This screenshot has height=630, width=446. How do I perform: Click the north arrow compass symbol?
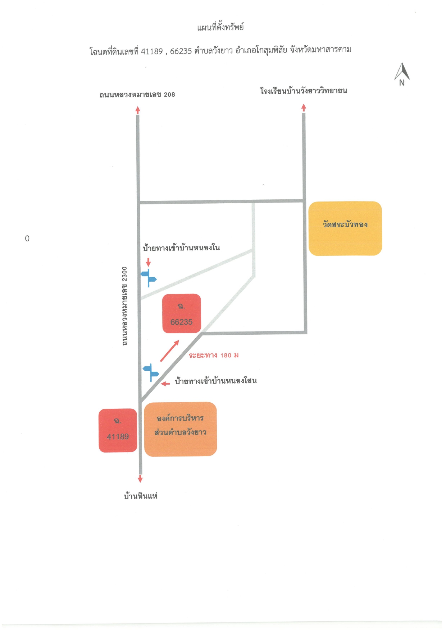pos(402,74)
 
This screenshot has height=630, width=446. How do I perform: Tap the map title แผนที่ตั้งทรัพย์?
pos(220,27)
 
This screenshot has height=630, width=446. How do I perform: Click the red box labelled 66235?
pos(182,314)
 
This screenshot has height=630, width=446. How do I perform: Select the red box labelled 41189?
pos(118,430)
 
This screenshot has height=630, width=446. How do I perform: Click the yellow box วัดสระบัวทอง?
pos(345,228)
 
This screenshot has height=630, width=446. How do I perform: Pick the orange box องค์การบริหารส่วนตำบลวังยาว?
pos(181,429)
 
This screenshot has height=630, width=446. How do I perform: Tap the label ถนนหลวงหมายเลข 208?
pos(137,95)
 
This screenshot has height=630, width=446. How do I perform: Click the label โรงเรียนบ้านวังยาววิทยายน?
pos(304,91)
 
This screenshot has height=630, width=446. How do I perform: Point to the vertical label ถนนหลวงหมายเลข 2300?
pos(124,306)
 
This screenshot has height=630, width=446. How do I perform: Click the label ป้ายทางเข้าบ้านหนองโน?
pos(181,247)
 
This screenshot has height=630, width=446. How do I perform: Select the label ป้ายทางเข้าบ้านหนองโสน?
pos(216,381)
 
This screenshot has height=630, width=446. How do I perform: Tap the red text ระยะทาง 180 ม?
pos(214,355)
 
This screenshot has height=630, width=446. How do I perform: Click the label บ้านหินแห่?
pos(141,496)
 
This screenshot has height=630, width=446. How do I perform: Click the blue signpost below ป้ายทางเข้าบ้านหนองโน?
pos(149,278)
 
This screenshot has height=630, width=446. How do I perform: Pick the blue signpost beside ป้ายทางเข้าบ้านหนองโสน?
pos(151,372)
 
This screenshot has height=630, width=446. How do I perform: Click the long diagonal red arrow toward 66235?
pos(169,351)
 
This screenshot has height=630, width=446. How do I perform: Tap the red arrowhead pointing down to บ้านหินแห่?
pos(140,479)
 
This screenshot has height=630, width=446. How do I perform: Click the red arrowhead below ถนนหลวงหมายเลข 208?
pos(137,110)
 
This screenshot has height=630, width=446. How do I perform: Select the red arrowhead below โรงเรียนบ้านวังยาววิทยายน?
pos(304,107)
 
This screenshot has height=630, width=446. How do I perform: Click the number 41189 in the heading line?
pos(152,51)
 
